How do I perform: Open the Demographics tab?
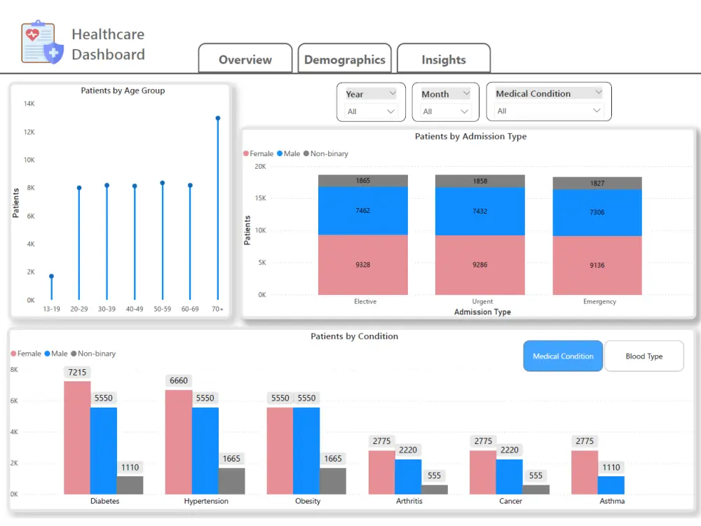point(344,60)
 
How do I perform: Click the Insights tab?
point(443,60)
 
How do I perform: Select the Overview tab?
point(245,60)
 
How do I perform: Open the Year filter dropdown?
point(371,111)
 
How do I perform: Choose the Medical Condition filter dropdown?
point(549,111)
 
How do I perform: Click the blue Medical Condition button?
point(563,356)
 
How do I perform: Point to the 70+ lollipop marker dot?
point(218,118)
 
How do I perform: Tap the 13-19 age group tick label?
point(51,309)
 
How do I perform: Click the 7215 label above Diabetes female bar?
point(77,372)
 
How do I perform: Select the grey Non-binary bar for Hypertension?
point(231,481)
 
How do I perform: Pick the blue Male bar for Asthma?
point(611,485)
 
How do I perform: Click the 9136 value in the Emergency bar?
point(597,265)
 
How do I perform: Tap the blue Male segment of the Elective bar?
point(362,211)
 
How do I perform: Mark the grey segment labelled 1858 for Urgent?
point(479,181)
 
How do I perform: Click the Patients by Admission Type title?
point(470,137)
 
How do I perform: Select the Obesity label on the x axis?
point(308,501)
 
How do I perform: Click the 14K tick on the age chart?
point(29,104)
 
